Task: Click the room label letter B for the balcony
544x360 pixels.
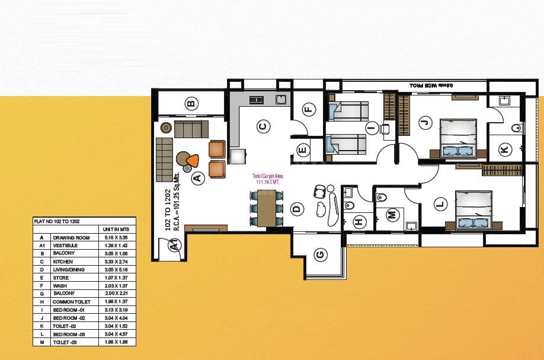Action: click(191, 104)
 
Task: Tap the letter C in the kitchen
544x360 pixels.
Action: click(264, 126)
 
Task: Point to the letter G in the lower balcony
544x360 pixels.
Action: click(320, 255)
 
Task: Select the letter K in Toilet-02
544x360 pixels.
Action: click(504, 149)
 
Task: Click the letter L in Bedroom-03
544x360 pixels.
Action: click(439, 205)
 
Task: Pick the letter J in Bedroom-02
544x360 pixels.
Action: click(423, 123)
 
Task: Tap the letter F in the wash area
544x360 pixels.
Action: click(308, 109)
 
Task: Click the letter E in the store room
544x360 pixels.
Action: click(302, 150)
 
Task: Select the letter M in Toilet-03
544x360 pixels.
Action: click(391, 215)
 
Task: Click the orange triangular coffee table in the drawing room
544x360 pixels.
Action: click(192, 160)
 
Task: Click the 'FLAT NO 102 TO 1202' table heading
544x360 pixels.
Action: click(57, 221)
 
